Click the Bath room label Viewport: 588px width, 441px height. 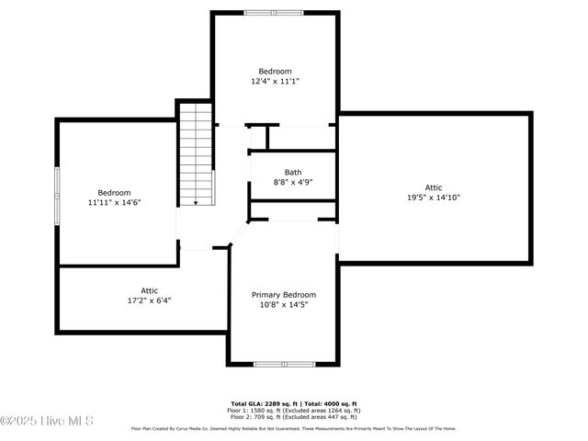coord(293,172)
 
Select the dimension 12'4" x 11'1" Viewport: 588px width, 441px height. coord(275,82)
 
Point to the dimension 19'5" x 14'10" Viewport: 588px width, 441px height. coord(434,197)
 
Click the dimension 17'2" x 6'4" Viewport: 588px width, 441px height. coord(149,300)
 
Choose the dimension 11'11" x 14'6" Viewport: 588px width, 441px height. coord(115,202)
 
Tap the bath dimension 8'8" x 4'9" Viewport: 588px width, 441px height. coord(293,182)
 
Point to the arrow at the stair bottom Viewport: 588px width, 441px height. coord(196,202)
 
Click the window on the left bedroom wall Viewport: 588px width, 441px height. coord(57,195)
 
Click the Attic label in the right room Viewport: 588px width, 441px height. coord(434,187)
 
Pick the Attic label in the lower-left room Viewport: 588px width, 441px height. coord(149,290)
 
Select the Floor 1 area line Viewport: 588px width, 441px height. coord(293,410)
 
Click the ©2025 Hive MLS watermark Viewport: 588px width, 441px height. coord(48,422)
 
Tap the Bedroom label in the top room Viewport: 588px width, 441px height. coord(275,72)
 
